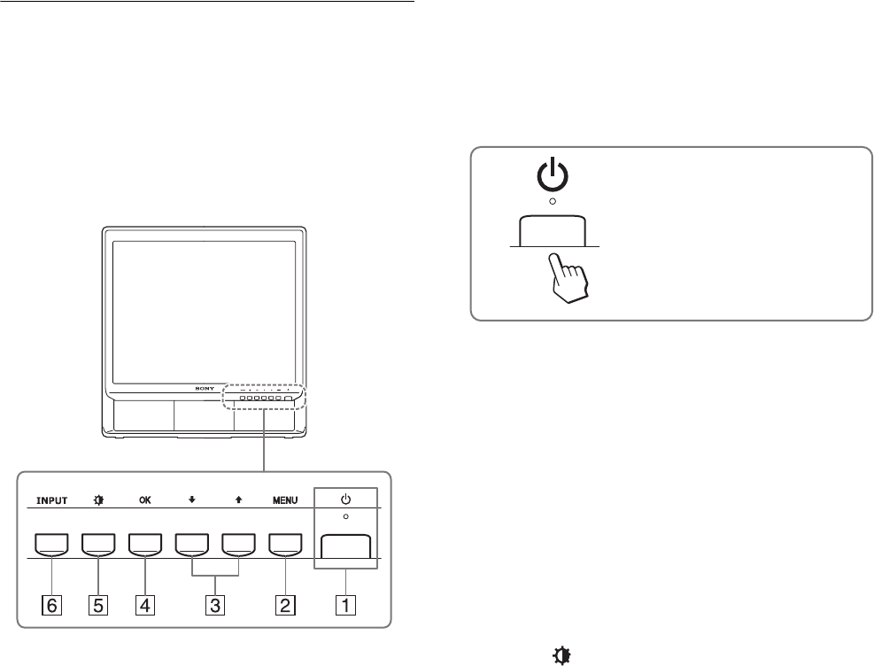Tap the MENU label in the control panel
pyautogui.click(x=285, y=499)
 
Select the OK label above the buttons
pyautogui.click(x=144, y=499)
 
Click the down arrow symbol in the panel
pyautogui.click(x=191, y=499)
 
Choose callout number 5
pyautogui.click(x=97, y=607)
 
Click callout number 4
pyautogui.click(x=144, y=607)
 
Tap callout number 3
pyautogui.click(x=215, y=607)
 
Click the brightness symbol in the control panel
pyautogui.click(x=97, y=499)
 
